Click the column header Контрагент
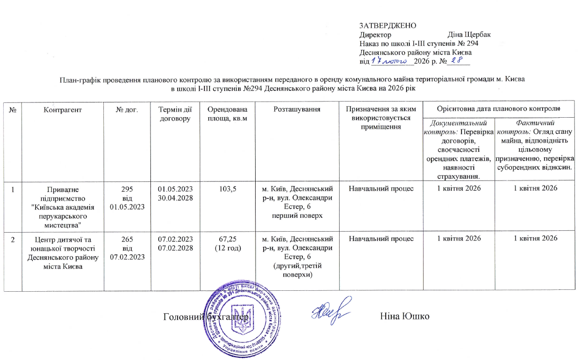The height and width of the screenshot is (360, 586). point(63,109)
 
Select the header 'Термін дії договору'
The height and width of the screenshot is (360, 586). point(175,114)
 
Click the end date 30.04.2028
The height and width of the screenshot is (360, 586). point(175,198)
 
